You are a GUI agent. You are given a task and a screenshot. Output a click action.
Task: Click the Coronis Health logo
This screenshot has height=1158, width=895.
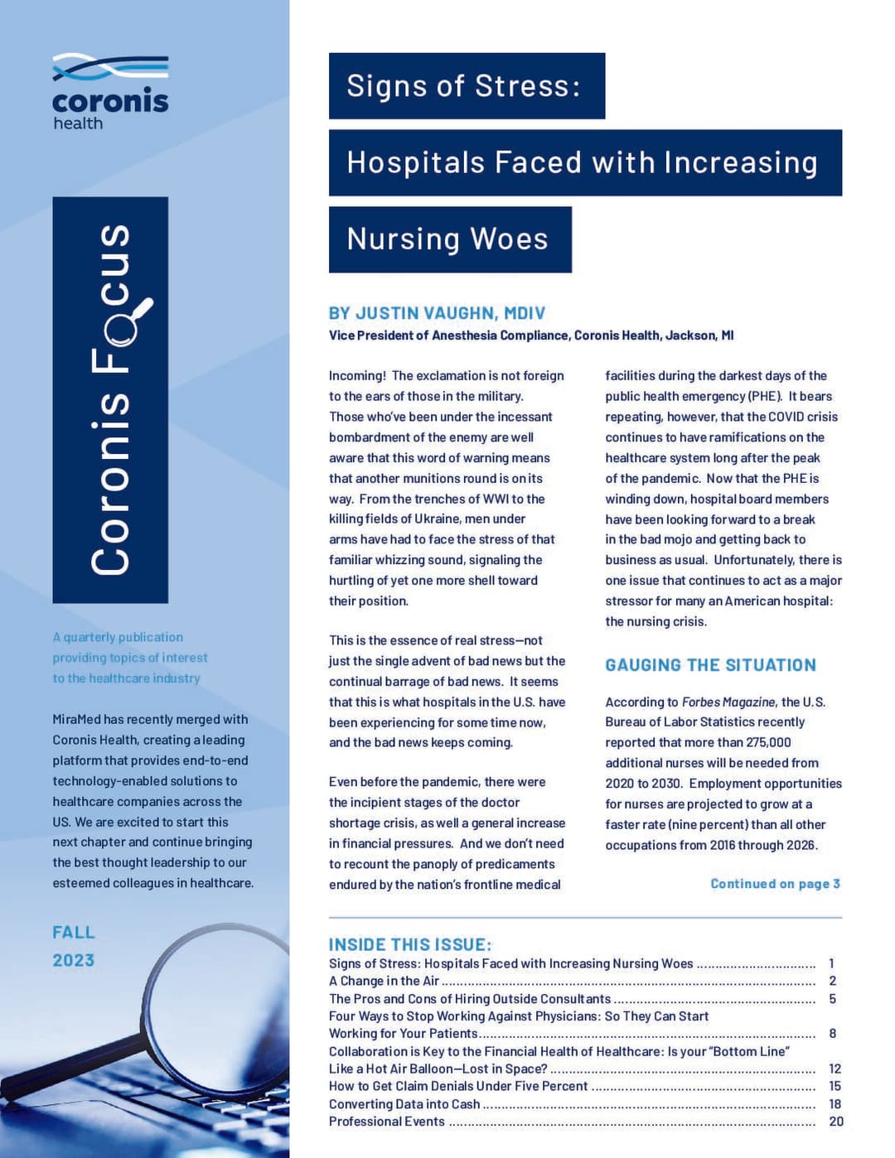[110, 91]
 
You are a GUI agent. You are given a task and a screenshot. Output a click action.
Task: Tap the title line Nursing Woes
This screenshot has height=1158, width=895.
[447, 239]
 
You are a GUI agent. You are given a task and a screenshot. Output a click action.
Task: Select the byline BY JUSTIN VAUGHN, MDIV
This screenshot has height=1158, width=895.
[437, 313]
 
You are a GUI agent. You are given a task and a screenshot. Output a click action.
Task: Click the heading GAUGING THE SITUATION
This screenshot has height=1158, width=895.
[710, 665]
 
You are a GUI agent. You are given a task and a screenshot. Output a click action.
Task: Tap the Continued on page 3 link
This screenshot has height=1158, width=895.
[775, 884]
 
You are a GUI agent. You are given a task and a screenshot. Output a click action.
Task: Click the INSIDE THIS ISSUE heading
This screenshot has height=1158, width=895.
[410, 944]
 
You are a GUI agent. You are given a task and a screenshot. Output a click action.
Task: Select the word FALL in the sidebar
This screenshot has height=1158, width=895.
[74, 933]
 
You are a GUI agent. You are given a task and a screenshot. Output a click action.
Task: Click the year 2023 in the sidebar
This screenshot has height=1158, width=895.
[74, 961]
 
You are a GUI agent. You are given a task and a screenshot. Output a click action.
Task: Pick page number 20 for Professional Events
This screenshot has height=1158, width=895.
[836, 1122]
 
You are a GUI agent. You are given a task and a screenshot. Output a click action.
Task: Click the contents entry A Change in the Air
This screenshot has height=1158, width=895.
[384, 982]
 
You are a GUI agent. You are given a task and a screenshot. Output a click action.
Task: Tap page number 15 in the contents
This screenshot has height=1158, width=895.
[835, 1086]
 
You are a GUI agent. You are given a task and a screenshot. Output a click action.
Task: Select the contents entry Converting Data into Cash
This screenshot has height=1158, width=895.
[404, 1104]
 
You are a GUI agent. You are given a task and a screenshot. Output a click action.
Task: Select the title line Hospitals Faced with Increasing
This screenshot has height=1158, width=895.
[582, 163]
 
